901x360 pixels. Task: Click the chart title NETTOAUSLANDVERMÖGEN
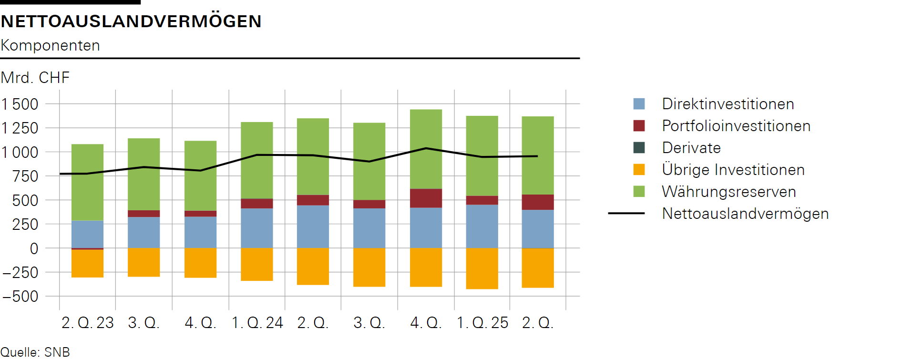point(131,21)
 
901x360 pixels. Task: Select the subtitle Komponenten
point(51,45)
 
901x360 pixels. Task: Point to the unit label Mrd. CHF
point(35,77)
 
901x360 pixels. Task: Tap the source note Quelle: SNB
point(35,352)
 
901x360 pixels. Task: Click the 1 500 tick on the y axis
point(20,104)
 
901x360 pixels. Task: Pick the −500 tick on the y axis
point(20,296)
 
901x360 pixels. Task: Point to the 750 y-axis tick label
point(26,176)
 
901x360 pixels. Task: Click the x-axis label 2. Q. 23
point(88,323)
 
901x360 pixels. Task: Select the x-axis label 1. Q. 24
point(257,323)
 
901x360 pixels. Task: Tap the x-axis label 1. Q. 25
point(482,323)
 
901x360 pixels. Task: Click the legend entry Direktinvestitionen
point(727,104)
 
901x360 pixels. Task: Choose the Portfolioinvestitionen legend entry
point(736,126)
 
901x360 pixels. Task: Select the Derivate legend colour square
point(639,148)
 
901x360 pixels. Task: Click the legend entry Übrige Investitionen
point(733,170)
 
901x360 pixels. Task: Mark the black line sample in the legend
point(626,214)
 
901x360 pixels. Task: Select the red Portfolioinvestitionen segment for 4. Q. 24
point(426,198)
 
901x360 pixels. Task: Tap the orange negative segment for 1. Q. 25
point(482,268)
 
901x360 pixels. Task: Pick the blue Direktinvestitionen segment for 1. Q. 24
point(257,228)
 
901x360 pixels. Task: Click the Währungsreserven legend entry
point(728,192)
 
